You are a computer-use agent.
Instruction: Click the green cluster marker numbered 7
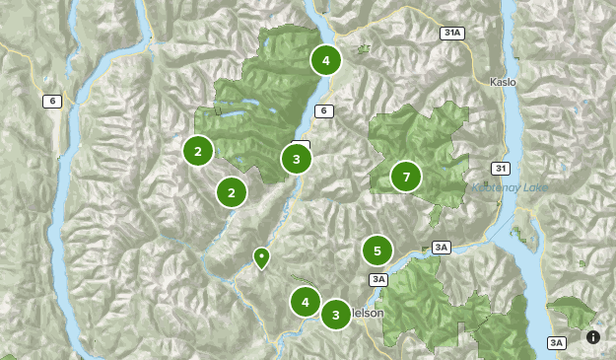(x=405, y=177)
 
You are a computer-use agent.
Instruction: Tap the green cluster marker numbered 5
(x=376, y=251)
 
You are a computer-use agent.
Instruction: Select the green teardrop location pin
(x=261, y=257)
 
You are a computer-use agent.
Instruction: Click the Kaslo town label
(x=503, y=82)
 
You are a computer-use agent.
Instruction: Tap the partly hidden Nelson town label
(x=367, y=313)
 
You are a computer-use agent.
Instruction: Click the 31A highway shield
(x=452, y=33)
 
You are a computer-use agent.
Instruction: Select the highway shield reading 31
(x=502, y=168)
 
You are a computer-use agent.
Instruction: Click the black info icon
(x=593, y=337)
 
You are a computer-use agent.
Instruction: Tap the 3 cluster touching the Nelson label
(x=335, y=315)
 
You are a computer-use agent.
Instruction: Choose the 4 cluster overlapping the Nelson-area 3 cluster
(x=306, y=302)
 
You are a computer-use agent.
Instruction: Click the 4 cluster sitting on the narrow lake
(x=325, y=60)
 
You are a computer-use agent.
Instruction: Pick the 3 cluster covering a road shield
(x=296, y=158)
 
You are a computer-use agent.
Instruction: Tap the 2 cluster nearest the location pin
(x=231, y=191)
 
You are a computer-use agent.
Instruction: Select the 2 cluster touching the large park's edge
(x=198, y=151)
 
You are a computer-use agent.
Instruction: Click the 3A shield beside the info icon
(x=557, y=342)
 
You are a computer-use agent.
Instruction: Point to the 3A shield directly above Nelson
(x=378, y=279)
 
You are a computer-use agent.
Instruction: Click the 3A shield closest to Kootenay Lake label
(x=440, y=247)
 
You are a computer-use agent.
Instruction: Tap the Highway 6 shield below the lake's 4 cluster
(x=322, y=110)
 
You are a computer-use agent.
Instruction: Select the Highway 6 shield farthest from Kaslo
(x=49, y=101)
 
